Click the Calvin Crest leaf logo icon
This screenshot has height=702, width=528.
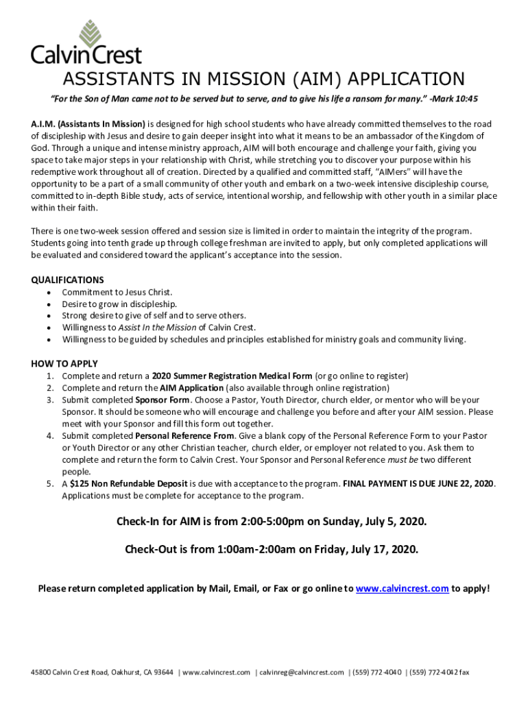pyautogui.click(x=87, y=32)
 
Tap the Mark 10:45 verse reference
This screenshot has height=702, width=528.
pyautogui.click(x=454, y=99)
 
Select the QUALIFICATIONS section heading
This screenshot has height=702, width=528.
pyautogui.click(x=68, y=280)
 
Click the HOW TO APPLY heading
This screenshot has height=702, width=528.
pyautogui.click(x=64, y=363)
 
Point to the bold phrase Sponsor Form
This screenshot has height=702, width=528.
pyautogui.click(x=162, y=400)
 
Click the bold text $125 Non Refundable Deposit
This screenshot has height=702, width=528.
pyautogui.click(x=129, y=483)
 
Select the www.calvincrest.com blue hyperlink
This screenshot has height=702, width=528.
pyautogui.click(x=403, y=588)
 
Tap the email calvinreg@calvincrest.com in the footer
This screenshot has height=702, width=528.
pyautogui.click(x=301, y=673)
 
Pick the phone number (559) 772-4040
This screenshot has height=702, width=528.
pyautogui.click(x=375, y=673)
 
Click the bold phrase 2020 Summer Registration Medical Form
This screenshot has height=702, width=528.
pyautogui.click(x=232, y=376)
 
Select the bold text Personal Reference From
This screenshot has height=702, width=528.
pyautogui.click(x=185, y=435)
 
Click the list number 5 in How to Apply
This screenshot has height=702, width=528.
pyautogui.click(x=50, y=483)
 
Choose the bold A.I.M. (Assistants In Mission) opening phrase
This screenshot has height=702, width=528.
pyautogui.click(x=88, y=124)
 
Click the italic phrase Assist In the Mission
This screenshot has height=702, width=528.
pyautogui.click(x=156, y=328)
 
